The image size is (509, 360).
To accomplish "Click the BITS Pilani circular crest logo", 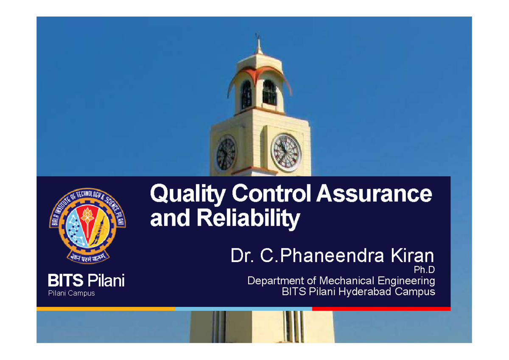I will pyautogui.click(x=88, y=225).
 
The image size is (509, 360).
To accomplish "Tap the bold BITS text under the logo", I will pyautogui.click(x=66, y=280).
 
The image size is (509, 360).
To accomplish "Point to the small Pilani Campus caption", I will pyautogui.click(x=70, y=293).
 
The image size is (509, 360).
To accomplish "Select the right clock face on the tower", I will pyautogui.click(x=286, y=152).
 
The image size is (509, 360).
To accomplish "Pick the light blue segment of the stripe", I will pyautogui.click(x=243, y=309).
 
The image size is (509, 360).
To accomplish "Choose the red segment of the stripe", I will pyautogui.click(x=380, y=309).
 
